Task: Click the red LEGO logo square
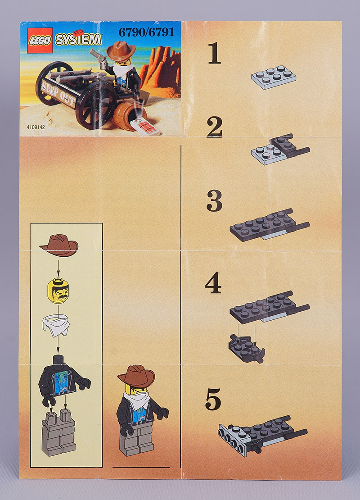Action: [x=40, y=40]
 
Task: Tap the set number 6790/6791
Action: [x=147, y=32]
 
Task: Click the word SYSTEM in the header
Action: [x=78, y=39]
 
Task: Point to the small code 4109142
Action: [x=36, y=127]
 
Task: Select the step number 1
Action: [x=214, y=53]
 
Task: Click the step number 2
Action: [x=214, y=127]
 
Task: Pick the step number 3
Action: [x=214, y=201]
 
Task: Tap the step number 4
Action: [x=213, y=282]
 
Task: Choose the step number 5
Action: [x=213, y=399]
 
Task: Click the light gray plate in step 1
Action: [x=274, y=77]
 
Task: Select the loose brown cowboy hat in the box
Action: [x=59, y=245]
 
